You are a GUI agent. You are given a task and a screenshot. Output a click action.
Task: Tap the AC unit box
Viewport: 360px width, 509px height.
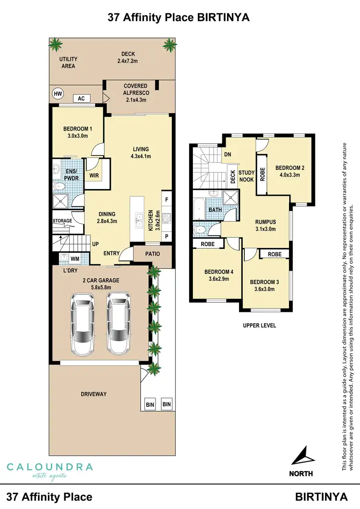(x=81, y=98)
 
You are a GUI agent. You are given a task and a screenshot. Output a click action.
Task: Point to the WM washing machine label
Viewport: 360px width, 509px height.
(x=75, y=259)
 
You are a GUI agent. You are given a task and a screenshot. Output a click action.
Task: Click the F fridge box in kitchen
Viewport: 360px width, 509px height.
(x=167, y=199)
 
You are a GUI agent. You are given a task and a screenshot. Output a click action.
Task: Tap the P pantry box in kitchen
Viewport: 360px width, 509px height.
(x=167, y=237)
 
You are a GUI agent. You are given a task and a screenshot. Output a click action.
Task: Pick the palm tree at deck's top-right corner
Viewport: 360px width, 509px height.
(x=169, y=45)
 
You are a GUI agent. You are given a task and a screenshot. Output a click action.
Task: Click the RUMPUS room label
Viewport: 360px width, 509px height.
(x=265, y=225)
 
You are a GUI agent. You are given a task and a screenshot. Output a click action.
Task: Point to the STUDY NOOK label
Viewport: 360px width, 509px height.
(x=246, y=176)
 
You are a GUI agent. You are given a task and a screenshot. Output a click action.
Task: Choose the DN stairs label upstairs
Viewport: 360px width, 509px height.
(x=228, y=154)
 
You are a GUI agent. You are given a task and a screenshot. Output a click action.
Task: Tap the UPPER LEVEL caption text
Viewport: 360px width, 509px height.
(x=259, y=325)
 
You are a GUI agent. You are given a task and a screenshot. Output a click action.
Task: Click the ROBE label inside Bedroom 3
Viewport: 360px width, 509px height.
(x=275, y=254)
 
